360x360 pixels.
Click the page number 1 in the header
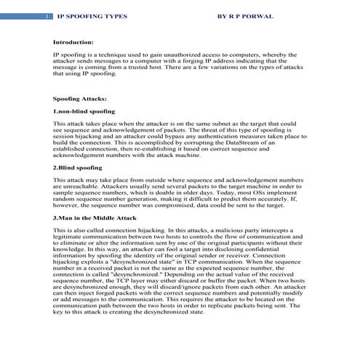[x=47, y=15]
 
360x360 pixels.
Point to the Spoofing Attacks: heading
[x=80, y=97]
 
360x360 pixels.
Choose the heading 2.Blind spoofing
[x=78, y=167]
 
